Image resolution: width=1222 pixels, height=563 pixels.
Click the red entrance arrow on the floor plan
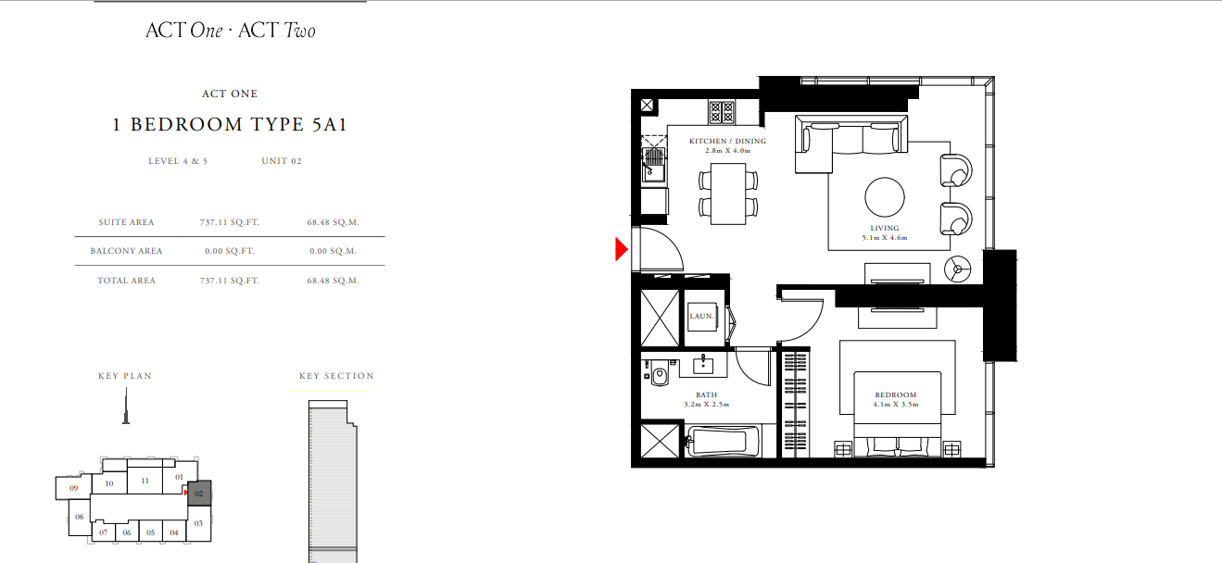click(622, 249)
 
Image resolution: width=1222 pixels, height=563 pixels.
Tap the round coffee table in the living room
click(885, 197)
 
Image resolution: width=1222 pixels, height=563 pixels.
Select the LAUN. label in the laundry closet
click(701, 316)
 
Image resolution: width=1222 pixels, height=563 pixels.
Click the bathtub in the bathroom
click(724, 442)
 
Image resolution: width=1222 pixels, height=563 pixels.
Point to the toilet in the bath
click(659, 374)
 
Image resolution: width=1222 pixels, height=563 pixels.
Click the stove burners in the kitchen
click(722, 112)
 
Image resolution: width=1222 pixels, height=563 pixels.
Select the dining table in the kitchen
click(728, 194)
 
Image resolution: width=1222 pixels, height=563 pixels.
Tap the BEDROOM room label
click(896, 394)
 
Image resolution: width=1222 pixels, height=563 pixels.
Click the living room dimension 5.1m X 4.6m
click(885, 238)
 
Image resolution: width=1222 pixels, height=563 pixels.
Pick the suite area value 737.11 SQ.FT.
click(229, 222)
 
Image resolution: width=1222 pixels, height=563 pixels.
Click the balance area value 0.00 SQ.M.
click(333, 251)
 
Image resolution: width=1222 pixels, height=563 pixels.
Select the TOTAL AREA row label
click(126, 281)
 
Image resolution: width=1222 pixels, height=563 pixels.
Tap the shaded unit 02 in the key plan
click(199, 494)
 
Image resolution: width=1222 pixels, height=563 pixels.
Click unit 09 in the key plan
click(73, 488)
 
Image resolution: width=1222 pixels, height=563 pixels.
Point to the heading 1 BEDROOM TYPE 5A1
click(230, 124)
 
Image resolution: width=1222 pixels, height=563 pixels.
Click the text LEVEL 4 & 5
click(178, 161)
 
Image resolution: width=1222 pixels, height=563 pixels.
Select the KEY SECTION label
click(336, 376)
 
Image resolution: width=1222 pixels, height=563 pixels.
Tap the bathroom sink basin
click(703, 364)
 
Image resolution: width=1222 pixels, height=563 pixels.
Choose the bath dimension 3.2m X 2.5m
click(707, 405)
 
